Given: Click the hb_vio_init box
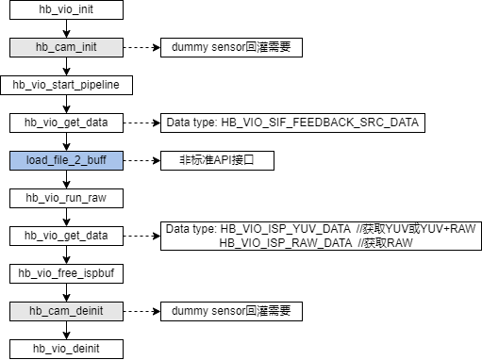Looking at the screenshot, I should pos(65,9).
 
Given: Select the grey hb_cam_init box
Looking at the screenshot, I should pos(65,47).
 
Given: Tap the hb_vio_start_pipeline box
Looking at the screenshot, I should pos(65,85).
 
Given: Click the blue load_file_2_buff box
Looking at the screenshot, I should pos(65,160).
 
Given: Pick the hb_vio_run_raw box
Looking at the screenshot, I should pos(65,198).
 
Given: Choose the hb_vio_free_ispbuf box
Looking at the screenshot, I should pos(65,273).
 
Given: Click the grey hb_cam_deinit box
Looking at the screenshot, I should pos(65,311).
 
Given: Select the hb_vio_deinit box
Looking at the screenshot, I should pos(65,349).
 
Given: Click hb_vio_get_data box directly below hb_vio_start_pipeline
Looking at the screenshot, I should pos(65,123).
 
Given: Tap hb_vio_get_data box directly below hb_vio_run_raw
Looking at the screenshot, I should pos(65,236).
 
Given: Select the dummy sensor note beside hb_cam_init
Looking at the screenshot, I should pos(230,47).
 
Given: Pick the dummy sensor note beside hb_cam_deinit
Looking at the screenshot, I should pos(230,311).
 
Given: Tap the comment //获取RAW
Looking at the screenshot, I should pos(379,243).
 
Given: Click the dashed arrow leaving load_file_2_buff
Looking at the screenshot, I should pos(141,160).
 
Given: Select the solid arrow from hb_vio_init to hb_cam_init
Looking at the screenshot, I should pos(65,28).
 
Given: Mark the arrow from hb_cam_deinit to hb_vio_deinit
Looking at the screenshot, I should pos(65,330).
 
